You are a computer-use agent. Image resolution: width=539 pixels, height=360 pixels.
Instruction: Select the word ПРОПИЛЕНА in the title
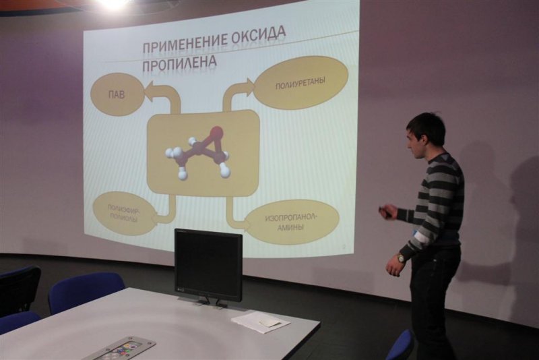[x=179, y=65]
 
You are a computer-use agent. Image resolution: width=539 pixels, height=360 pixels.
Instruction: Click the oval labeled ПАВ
[x=117, y=94]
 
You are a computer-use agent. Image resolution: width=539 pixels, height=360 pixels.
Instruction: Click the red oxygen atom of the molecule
[x=216, y=131]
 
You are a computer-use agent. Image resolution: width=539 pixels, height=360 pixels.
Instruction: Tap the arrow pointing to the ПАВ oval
[x=162, y=95]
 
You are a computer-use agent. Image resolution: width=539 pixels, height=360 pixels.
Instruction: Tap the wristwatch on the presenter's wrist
[x=401, y=258]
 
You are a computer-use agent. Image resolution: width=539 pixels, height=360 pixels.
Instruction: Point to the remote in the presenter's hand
[x=385, y=212]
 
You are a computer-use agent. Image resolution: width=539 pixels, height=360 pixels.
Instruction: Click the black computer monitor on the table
[x=208, y=264]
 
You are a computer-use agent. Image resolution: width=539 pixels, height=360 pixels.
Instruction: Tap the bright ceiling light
[x=113, y=4]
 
